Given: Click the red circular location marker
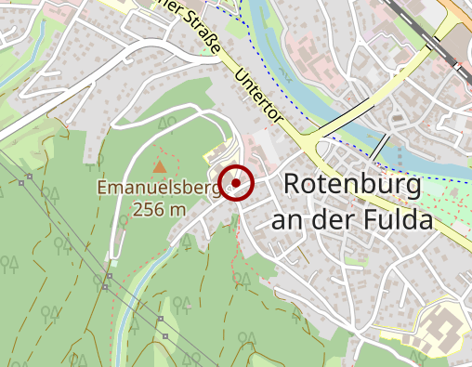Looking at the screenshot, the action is click(x=237, y=183).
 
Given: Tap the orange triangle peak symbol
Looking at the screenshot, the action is click(x=160, y=167).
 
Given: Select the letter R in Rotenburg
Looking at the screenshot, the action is click(x=291, y=184).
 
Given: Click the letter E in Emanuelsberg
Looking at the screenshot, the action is click(x=103, y=190).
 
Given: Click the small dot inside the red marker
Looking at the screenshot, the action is click(x=237, y=183).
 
